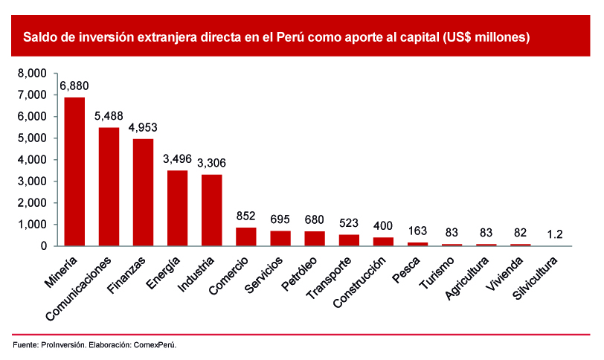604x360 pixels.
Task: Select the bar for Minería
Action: [x=74, y=172]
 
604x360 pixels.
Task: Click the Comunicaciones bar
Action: [x=109, y=187]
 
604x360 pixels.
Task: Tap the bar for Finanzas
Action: [x=143, y=193]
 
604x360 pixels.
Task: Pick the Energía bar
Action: [x=177, y=208]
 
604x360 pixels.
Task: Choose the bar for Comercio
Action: [x=245, y=237]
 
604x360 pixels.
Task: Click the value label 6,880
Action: [x=74, y=86]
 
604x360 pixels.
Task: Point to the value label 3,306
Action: [x=211, y=164]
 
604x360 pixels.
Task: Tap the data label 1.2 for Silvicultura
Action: [x=554, y=234]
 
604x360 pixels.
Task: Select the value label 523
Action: [x=348, y=223]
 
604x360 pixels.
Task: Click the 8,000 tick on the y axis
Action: [x=31, y=74]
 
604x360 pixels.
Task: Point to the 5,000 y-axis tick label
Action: [x=31, y=138]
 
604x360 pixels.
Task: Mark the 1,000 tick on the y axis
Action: [x=31, y=225]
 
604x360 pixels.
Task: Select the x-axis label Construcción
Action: [x=360, y=283]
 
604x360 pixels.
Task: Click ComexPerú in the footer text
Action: [x=155, y=345]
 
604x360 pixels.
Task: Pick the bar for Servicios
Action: [x=280, y=238]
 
